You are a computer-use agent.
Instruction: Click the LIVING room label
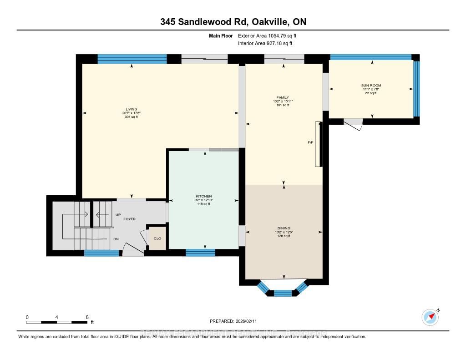[132, 109]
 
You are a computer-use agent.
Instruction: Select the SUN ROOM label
[372, 86]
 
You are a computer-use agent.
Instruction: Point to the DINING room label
[284, 228]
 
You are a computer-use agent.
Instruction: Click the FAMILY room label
[283, 97]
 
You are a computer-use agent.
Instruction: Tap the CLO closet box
[157, 238]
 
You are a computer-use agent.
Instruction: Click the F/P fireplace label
[310, 142]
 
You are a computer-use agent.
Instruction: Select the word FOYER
[130, 219]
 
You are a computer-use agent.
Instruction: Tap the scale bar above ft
[56, 322]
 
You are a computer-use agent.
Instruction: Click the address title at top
[233, 22]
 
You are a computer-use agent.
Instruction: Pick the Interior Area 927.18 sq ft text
[265, 44]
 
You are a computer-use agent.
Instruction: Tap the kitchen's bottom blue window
[200, 253]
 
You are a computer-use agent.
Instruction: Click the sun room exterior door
[354, 123]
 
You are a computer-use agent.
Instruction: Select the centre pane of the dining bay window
[283, 293]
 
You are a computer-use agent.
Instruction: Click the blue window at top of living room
[132, 58]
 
